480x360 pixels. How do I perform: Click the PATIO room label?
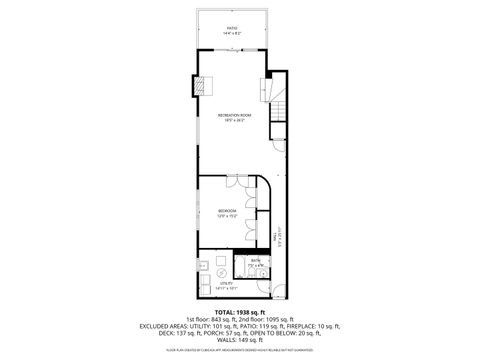pos(232,29)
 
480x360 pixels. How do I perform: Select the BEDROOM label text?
pos(227,210)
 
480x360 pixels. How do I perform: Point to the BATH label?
pos(256,261)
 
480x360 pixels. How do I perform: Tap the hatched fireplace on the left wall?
pos(199,86)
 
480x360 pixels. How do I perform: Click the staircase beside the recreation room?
pos(280,113)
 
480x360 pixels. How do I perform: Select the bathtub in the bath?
pos(244,267)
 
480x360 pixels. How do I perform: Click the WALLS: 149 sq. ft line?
pos(240,340)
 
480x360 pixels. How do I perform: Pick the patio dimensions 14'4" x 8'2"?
pos(232,35)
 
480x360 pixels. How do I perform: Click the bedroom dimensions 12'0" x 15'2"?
pos(227,216)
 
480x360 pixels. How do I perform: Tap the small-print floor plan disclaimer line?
pos(240,351)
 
